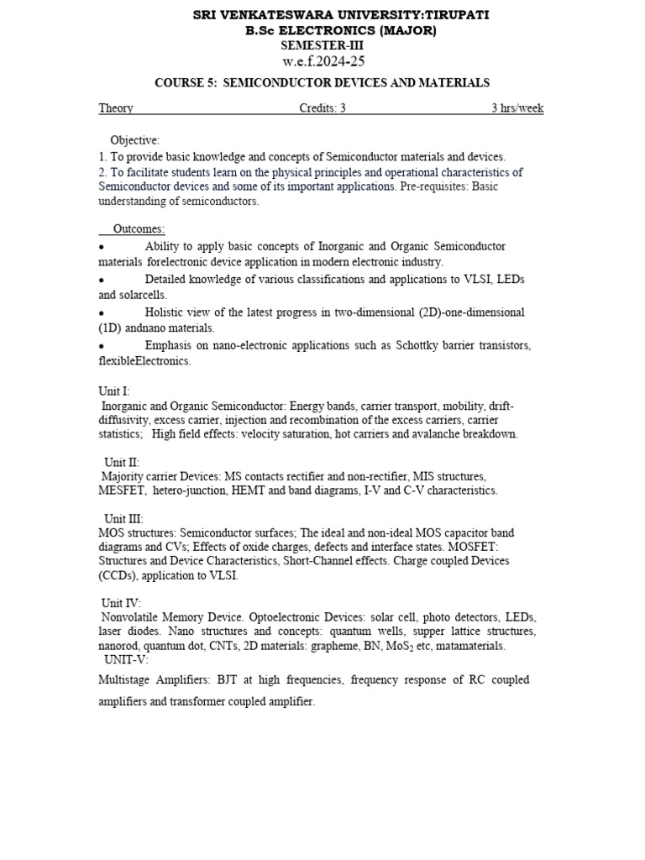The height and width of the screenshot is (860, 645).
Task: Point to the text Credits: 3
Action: point(322,108)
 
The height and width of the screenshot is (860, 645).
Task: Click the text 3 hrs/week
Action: point(517,108)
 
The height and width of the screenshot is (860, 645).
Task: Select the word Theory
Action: point(116,108)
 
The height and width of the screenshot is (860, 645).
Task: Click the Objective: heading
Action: point(134,140)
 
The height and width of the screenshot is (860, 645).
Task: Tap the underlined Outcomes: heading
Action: point(139,229)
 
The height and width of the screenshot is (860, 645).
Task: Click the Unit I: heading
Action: point(114,391)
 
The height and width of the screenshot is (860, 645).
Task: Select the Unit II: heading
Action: point(122,463)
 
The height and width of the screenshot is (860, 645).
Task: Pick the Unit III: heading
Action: point(123,519)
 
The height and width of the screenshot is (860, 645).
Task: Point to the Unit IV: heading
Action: point(123,603)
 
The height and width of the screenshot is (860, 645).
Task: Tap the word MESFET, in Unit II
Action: point(123,490)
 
